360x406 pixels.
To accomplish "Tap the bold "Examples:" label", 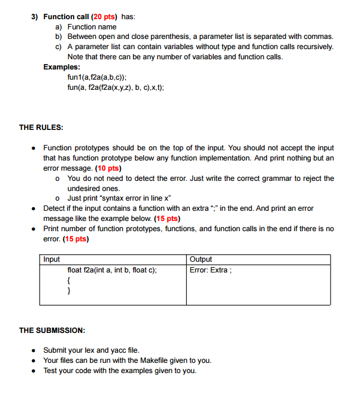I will [62, 66].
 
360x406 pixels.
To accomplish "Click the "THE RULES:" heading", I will [41, 127].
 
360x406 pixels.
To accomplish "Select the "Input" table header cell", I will [52, 259].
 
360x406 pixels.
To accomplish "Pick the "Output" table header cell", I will [201, 259].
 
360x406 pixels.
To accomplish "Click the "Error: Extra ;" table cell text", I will [211, 269].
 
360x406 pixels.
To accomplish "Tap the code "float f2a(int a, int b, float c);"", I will [113, 270].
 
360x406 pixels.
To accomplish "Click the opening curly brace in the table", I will [69, 280].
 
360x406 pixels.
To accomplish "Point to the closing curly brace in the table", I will [69, 290].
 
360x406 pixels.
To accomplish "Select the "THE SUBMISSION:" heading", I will [52, 330].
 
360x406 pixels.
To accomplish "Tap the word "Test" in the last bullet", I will [51, 371].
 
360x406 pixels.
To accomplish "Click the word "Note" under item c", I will [75, 57].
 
